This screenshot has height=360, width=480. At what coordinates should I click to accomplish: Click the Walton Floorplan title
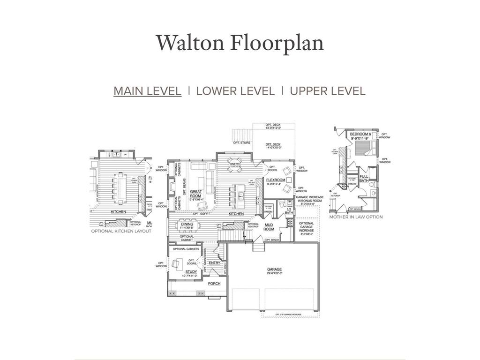[240, 43]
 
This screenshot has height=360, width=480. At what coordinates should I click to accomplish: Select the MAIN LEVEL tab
[147, 91]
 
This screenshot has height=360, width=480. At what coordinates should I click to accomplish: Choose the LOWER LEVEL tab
[235, 91]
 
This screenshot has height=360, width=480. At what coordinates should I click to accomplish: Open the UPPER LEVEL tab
[328, 91]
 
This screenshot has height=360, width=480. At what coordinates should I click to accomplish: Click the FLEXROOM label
[276, 180]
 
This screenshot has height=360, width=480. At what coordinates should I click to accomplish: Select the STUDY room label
[191, 272]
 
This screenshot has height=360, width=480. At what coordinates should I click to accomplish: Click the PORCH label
[214, 284]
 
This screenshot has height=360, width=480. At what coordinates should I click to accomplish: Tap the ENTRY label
[214, 263]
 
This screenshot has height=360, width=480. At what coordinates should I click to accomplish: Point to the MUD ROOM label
[269, 227]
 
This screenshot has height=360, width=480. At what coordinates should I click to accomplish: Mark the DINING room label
[187, 225]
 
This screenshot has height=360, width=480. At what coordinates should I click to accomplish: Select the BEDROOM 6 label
[360, 135]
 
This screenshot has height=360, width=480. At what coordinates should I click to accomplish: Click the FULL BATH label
[364, 178]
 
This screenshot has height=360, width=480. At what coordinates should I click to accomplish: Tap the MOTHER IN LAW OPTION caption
[356, 217]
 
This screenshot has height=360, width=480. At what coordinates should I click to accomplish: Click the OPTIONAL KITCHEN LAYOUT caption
[121, 231]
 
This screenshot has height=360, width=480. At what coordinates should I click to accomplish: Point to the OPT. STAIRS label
[241, 142]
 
